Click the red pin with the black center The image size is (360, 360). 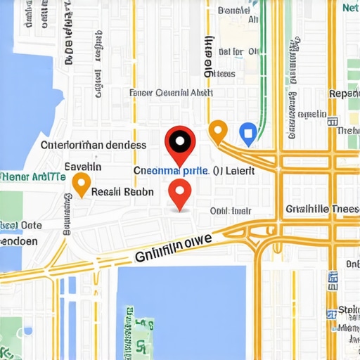180,142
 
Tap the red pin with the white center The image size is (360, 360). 180,191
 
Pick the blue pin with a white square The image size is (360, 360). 247,131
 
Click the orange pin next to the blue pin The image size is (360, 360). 218,130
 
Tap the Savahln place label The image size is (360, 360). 83,167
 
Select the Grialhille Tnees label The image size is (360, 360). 323,208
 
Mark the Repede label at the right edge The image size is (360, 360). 344,94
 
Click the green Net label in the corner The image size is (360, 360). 350,8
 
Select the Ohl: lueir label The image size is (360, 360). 231,210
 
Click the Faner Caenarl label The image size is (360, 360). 171,92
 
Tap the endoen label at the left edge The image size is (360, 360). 18,240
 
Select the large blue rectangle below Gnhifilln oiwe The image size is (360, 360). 181,309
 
